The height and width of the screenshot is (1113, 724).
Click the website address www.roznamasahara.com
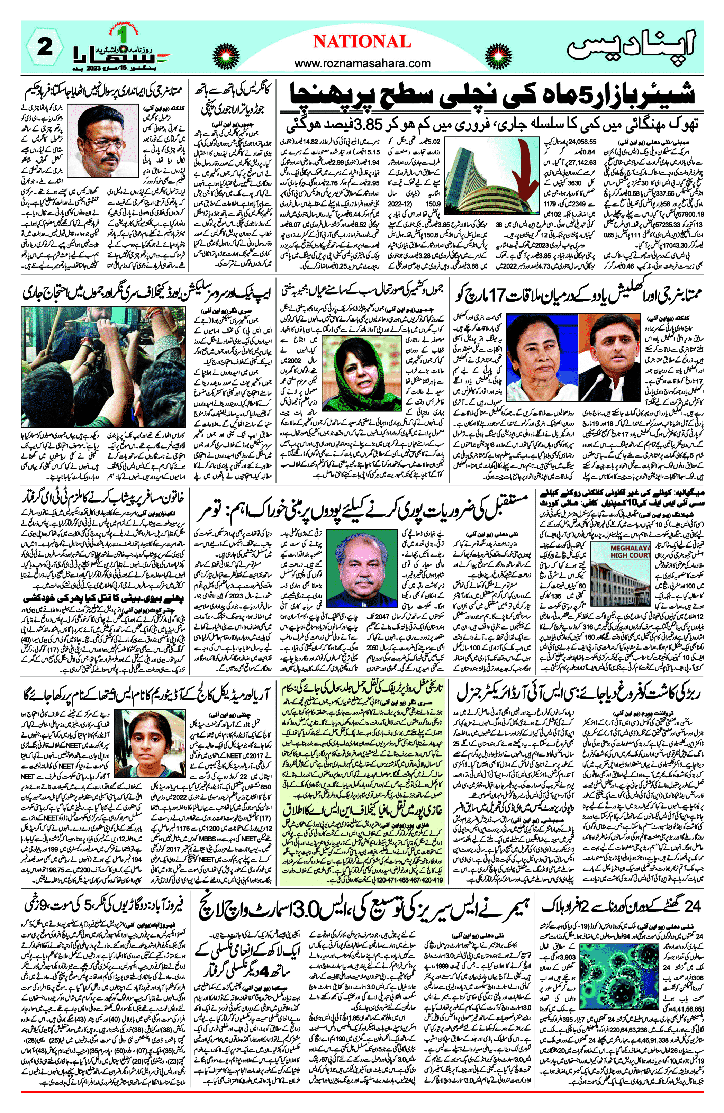pyautogui.click(x=362, y=63)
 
